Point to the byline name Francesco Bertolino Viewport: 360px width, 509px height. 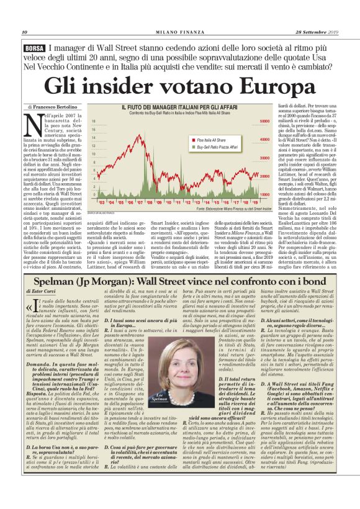tap(55, 107)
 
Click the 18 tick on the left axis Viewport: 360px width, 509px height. tap(94, 122)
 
